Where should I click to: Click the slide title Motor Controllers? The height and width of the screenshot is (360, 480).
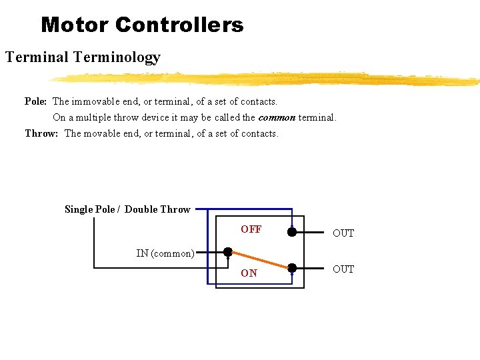142,25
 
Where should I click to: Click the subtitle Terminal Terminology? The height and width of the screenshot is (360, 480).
83,57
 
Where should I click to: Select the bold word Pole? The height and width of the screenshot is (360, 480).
35,102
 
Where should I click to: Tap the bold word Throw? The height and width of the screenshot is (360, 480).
41,133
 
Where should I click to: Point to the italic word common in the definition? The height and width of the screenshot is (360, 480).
277,117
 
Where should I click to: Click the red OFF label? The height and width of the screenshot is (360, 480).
251,229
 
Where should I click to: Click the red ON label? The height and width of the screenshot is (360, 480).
249,273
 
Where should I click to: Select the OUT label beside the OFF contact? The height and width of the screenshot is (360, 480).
343,233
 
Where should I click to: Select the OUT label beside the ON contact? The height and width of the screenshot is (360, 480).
343,269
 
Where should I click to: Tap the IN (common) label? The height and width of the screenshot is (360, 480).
165,253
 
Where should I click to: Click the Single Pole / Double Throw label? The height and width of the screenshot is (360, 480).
127,209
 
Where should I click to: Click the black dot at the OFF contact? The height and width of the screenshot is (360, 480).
292,232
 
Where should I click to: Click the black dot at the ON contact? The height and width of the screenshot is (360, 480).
292,268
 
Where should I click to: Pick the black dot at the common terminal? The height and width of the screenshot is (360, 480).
228,253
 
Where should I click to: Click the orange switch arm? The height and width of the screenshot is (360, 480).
260,261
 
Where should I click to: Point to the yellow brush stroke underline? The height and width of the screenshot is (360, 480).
267,79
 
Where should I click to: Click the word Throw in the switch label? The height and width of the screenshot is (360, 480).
175,209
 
